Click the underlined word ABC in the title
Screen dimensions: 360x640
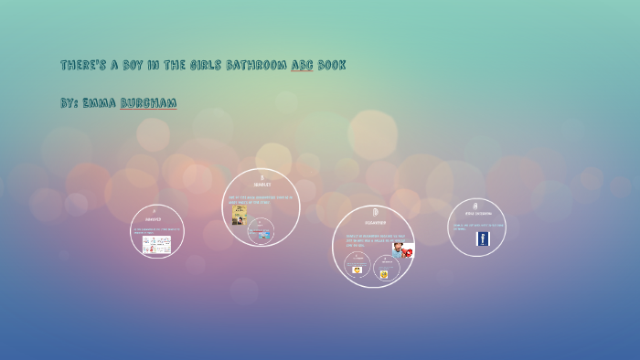302,66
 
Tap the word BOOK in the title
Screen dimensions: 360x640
331,66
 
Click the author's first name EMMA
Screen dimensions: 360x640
99,103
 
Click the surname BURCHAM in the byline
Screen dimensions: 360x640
148,103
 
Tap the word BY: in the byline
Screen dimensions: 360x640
69,103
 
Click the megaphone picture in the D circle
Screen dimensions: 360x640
403,249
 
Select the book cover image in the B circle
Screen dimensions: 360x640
240,216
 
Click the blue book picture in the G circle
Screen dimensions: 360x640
483,238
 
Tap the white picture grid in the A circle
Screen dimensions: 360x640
156,244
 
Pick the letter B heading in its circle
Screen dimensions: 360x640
261,176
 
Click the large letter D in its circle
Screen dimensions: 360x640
375,212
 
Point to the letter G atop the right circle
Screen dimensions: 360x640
476,206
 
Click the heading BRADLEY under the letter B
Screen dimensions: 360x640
261,185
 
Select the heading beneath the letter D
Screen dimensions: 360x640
375,222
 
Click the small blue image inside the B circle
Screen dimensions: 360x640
264,235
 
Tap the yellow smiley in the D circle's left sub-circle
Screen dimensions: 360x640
357,270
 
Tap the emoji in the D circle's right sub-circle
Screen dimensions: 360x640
385,273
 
